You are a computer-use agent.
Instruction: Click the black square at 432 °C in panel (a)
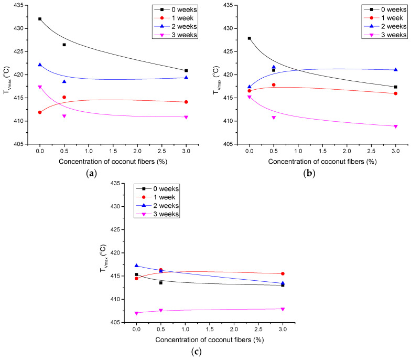pos(40,19)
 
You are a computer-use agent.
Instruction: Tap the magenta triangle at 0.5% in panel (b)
pos(274,118)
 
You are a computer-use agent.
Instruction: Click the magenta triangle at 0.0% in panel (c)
pos(136,313)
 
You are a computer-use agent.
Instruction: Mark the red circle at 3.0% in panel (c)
pos(283,273)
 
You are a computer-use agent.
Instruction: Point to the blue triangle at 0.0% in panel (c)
pos(136,266)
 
